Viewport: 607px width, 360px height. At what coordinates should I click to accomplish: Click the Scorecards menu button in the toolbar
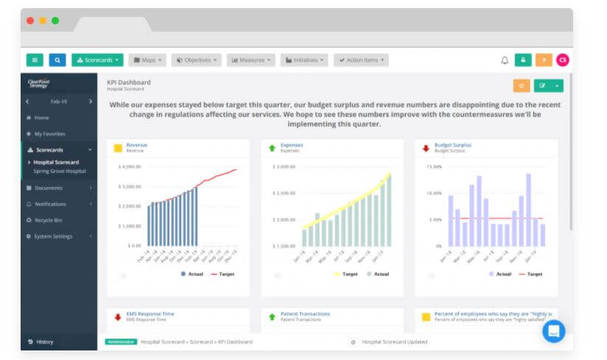pos(97,60)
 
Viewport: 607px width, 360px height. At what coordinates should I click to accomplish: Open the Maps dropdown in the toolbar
pos(147,60)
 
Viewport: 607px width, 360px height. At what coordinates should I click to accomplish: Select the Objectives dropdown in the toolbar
pos(197,60)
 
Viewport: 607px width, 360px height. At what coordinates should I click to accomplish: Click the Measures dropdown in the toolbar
pos(251,60)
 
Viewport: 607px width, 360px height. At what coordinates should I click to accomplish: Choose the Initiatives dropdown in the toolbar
pos(304,60)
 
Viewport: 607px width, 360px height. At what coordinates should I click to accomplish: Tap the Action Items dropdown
pos(361,60)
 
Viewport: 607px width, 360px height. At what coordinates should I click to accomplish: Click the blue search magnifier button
pos(59,60)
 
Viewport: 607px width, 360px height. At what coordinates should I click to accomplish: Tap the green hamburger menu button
pos(35,60)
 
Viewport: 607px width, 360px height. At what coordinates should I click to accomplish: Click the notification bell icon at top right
pos(505,60)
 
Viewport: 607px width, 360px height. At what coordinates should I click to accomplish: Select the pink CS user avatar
pos(563,60)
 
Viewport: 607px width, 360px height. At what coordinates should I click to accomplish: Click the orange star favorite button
pos(521,85)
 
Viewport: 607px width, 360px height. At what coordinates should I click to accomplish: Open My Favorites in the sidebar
pos(50,134)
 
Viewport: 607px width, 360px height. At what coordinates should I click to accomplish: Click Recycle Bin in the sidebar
pos(49,220)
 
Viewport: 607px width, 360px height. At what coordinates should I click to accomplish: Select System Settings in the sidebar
pos(53,236)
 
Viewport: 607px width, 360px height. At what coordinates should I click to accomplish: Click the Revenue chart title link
pos(136,145)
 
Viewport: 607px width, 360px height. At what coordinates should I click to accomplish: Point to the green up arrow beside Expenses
pos(272,148)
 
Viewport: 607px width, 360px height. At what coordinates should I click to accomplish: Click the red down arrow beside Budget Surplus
pos(426,148)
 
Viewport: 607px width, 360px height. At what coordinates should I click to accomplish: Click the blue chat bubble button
pos(553,331)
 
